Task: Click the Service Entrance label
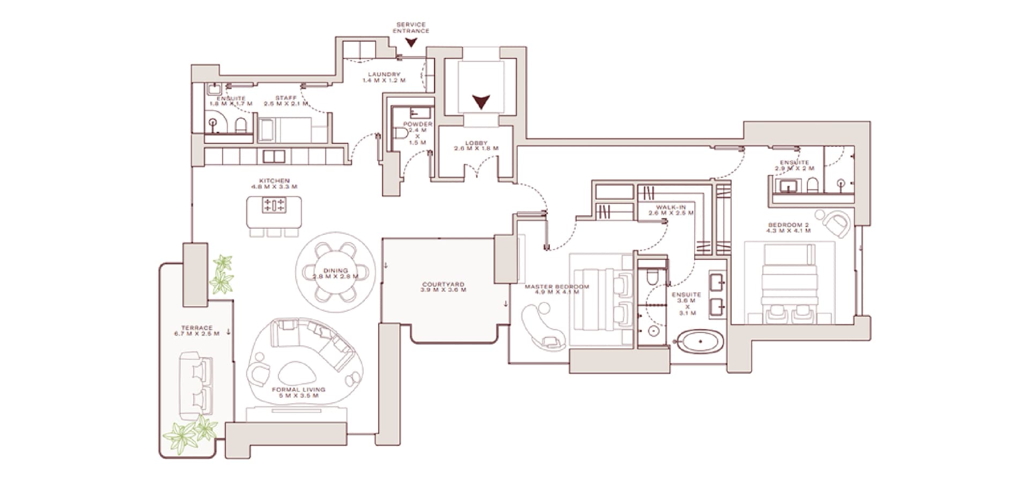[411, 28]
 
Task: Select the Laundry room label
[384, 77]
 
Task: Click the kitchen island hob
[274, 205]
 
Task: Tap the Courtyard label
[443, 287]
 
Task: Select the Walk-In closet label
[671, 210]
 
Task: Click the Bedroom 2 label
[788, 228]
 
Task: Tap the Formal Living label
[298, 393]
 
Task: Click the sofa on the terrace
[196, 385]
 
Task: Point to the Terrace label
[197, 331]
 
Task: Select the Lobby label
[476, 146]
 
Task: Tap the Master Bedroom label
[556, 289]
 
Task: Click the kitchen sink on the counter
[274, 156]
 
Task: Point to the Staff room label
[285, 100]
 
